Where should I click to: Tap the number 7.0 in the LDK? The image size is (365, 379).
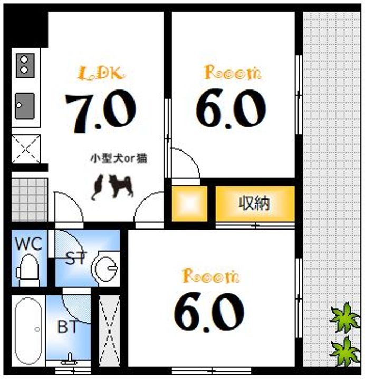100,111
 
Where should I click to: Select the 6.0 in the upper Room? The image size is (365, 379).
231,109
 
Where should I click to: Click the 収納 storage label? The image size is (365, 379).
254,203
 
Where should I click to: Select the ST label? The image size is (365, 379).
76,258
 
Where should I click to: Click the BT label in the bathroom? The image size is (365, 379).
68,327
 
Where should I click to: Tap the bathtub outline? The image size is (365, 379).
28,331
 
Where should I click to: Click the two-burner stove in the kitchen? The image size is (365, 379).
24,64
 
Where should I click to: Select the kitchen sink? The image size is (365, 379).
24,106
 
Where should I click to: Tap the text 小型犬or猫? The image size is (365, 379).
118,158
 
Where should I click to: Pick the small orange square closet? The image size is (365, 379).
190,203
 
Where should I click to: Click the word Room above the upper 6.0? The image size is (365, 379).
232,73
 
